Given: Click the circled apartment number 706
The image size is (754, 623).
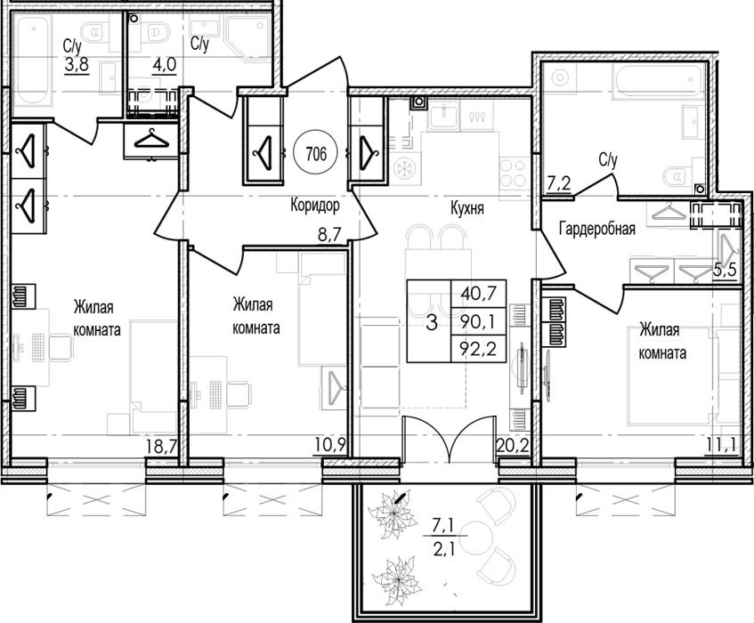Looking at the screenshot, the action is point(316,154).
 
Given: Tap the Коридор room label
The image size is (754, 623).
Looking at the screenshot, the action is point(315,206).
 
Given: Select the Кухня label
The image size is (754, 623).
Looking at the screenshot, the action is point(467,208).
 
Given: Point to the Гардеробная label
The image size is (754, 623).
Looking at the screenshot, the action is point(597,229).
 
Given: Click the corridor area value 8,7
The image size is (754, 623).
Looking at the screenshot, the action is point(329,235).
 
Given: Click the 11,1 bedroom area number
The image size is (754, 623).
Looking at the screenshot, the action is point(721,447).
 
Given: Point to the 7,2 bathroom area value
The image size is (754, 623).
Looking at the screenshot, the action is point(559,182).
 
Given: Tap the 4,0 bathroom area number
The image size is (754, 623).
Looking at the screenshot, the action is point(165,64).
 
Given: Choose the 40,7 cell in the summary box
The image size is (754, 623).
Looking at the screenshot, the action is point(477,292).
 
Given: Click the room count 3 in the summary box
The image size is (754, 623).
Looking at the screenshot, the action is point(432,322).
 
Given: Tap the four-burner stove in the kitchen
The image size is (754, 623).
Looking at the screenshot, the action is point(514,174).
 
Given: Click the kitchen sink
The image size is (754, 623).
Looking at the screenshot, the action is point(443,116).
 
